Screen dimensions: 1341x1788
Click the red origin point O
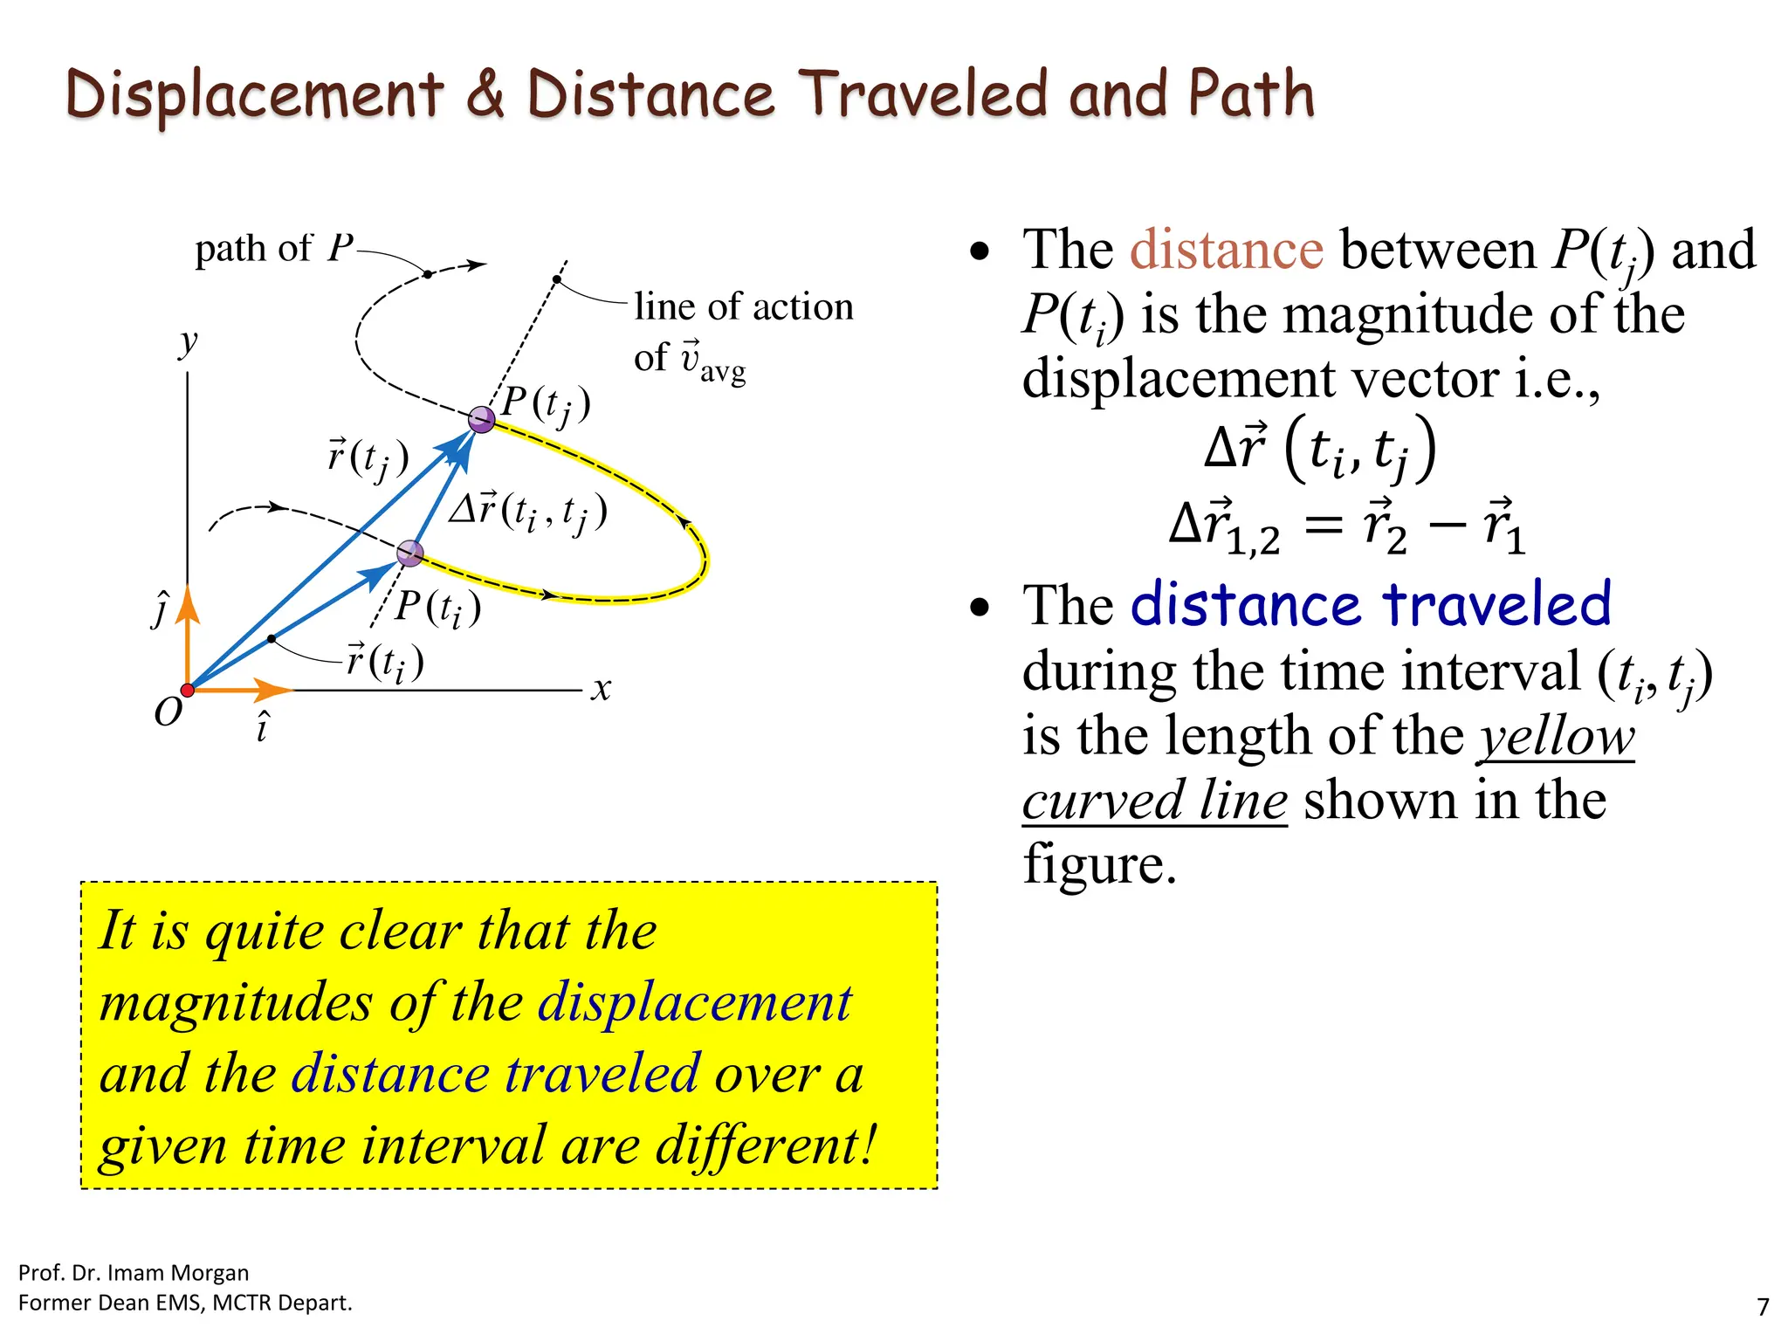(187, 691)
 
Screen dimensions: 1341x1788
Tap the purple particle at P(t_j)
(481, 420)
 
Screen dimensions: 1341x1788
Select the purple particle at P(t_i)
(409, 553)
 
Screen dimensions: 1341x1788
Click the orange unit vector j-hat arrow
(188, 637)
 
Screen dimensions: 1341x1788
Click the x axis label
(601, 690)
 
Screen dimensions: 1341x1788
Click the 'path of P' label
(273, 249)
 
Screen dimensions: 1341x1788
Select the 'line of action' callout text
(743, 307)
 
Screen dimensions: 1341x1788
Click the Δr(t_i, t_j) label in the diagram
(528, 512)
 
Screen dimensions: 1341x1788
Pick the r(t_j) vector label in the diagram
(368, 457)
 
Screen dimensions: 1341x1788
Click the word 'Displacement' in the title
(255, 95)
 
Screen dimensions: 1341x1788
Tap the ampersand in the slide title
(485, 94)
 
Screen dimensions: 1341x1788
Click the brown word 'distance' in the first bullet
(1226, 250)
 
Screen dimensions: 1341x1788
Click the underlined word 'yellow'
(1556, 736)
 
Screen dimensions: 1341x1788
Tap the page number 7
(1763, 1307)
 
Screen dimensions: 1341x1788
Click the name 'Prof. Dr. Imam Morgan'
(134, 1273)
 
